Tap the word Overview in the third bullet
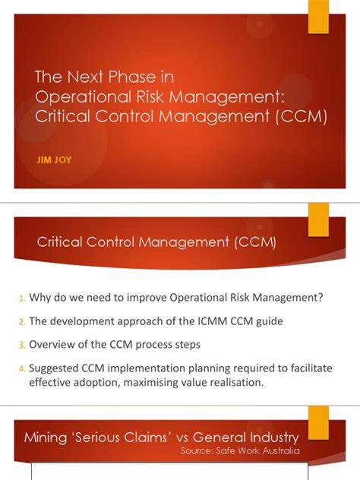click(55, 346)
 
